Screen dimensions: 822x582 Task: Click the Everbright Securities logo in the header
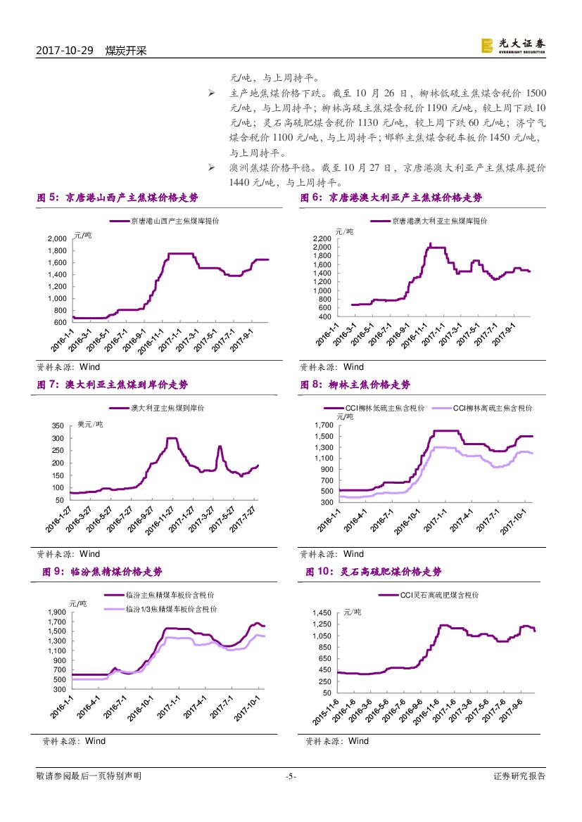(513, 45)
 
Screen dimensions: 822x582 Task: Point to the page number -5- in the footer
(291, 776)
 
